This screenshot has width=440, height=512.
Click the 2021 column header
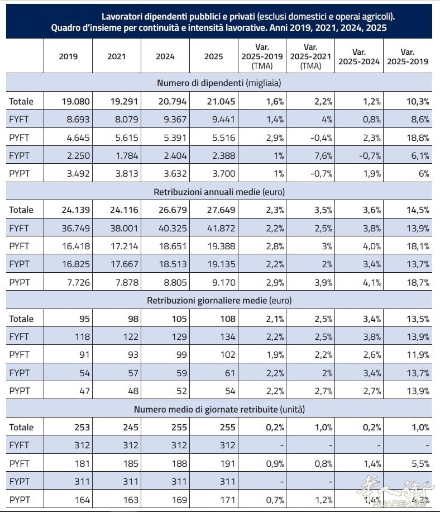coord(117,56)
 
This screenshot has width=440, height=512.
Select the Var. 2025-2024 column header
coord(359,56)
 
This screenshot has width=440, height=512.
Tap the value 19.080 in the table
coord(76,101)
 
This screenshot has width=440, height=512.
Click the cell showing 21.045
coord(221,101)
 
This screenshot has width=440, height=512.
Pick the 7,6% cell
coord(323,155)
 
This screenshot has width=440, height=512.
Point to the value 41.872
coord(221,228)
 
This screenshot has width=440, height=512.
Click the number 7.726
coord(78,282)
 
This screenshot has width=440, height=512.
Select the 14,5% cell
coord(418,210)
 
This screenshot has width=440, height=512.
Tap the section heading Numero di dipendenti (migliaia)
coord(219,83)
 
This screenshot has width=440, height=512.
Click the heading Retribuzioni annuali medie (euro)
coord(219,192)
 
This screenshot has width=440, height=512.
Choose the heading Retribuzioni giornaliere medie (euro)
coord(219,300)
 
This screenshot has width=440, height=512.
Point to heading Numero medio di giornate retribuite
coord(206,409)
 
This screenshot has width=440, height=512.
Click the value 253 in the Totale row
coord(82,427)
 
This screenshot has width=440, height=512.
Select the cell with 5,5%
coord(420,463)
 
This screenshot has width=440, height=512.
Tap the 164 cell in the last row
coord(82,500)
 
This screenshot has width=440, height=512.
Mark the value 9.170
coord(224,282)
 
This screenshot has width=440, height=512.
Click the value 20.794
coord(173,101)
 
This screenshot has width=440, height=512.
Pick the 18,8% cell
coord(418,138)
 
